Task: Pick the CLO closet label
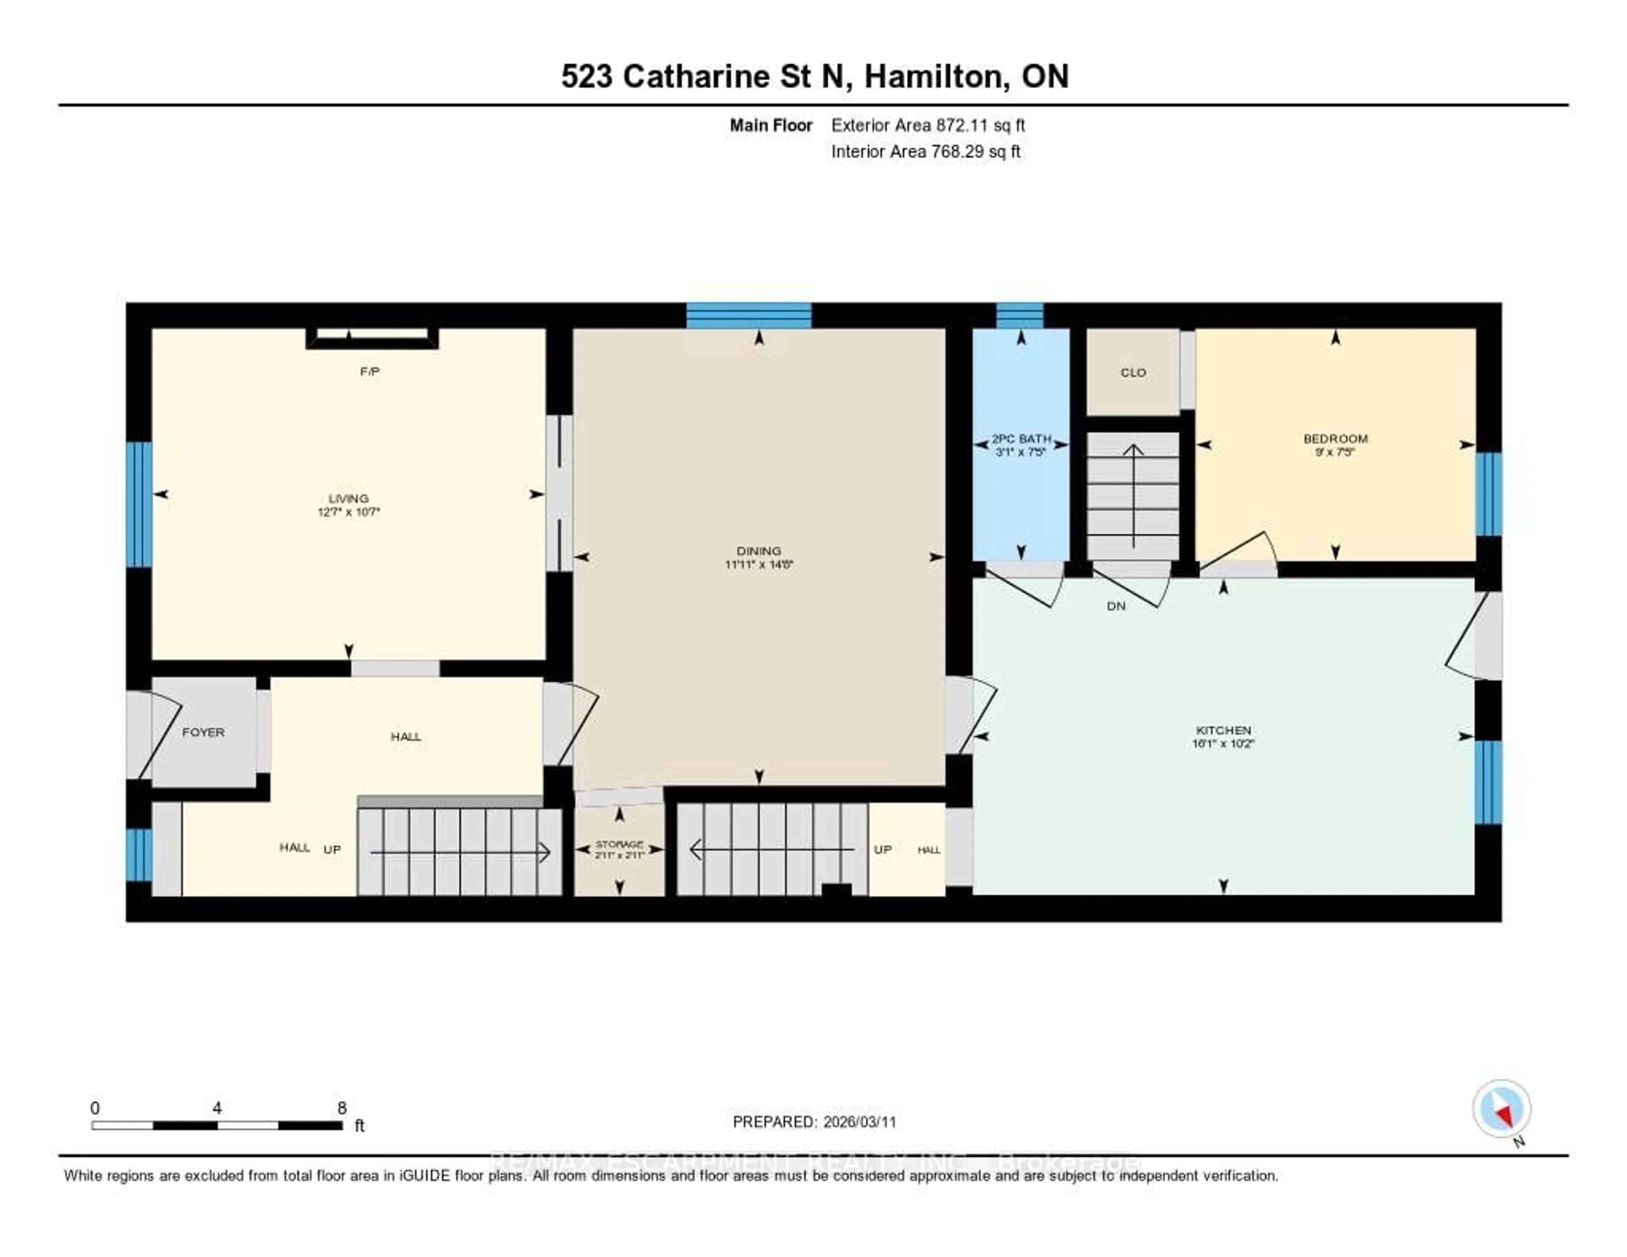click(x=1133, y=373)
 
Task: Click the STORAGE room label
click(x=619, y=844)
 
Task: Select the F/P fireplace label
click(x=369, y=372)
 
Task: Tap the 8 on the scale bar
click(x=342, y=1108)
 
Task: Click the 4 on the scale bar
click(x=217, y=1108)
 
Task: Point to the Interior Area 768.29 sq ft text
click(x=925, y=152)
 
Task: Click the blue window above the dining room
click(x=748, y=316)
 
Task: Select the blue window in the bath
click(x=1020, y=316)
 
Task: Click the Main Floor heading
click(x=770, y=125)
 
